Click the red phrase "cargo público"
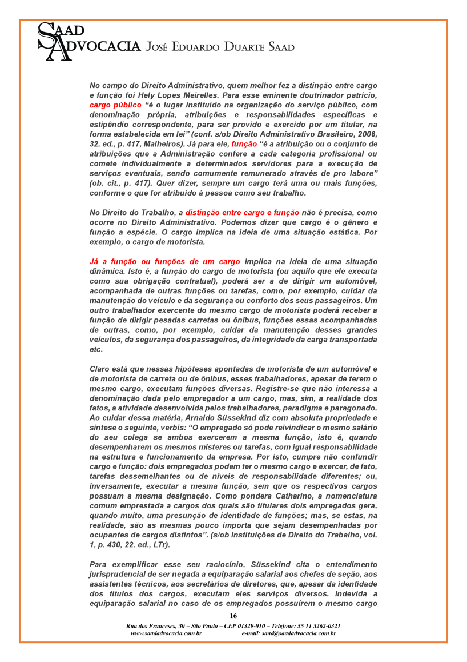click(115, 105)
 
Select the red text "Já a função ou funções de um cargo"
click(165, 261)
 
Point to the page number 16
click(233, 616)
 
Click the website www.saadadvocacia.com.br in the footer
click(166, 633)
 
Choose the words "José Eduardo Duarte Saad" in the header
click(220, 47)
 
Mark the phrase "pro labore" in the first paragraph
click(354, 173)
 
